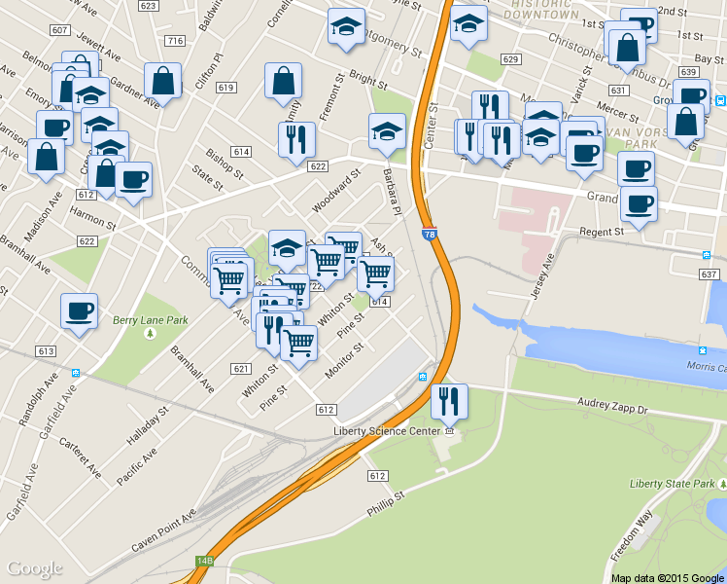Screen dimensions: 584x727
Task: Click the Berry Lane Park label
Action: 150,319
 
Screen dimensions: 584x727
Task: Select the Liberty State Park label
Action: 673,484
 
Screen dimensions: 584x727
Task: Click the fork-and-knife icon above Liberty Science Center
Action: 449,400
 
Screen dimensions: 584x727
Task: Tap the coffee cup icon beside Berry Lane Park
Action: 79,311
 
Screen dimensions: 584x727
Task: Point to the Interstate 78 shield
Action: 430,235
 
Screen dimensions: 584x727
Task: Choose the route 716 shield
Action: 175,41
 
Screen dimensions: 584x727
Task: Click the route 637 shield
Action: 708,275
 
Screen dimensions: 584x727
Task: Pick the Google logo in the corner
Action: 35,568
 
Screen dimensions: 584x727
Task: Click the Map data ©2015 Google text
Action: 667,577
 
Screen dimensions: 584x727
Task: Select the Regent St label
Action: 601,233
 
